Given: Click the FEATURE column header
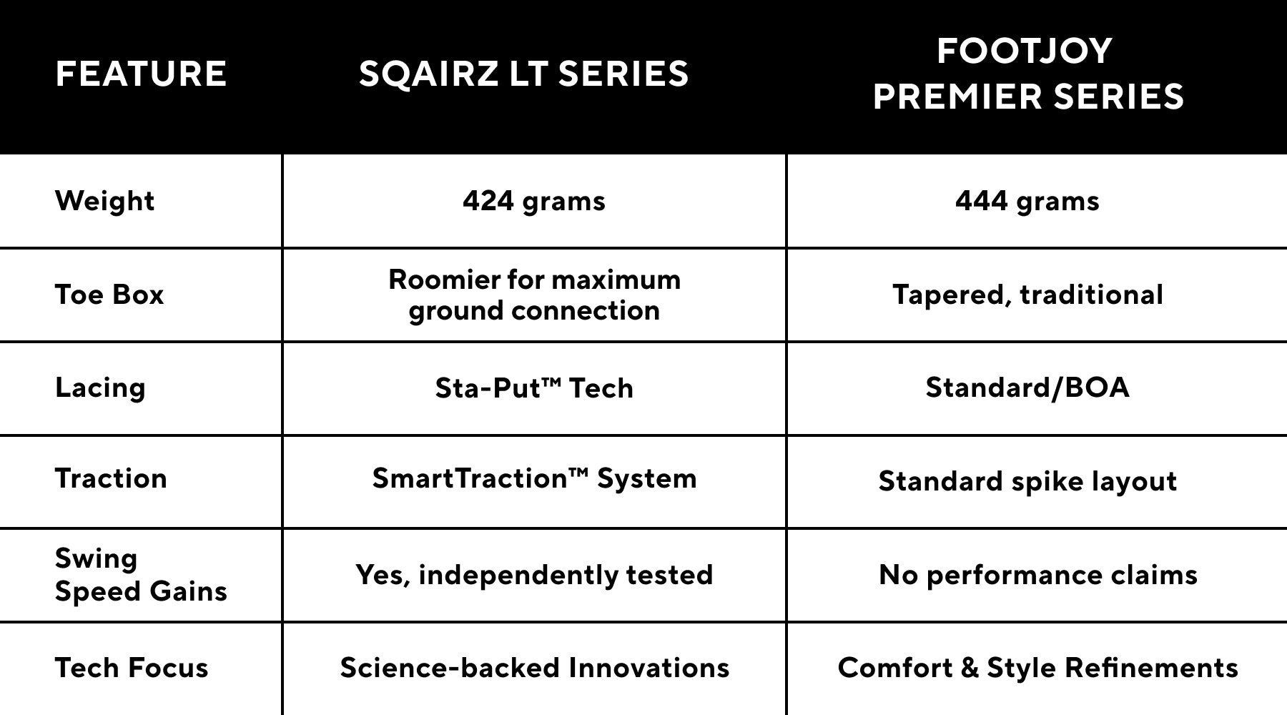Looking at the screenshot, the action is coord(141,74).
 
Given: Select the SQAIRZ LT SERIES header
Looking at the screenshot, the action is coord(523,74).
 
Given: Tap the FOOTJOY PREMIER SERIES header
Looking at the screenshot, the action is coord(1027,74).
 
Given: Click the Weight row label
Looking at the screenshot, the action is coord(104,202).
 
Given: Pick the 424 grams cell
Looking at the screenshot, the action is coord(534,202).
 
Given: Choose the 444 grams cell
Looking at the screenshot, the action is coord(1027,202).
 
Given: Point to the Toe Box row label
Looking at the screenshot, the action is coord(109,295).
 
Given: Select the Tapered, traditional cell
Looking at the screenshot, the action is coord(1027,295).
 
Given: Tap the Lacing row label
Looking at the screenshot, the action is coord(100,388).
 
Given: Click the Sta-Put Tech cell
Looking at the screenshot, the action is coord(534,388).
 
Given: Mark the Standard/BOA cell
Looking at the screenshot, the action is coord(1027,388).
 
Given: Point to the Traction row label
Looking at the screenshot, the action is coord(111,478).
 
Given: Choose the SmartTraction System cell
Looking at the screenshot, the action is coord(534,478).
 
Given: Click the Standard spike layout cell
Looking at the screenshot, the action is coord(1027,481).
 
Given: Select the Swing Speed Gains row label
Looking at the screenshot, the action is coord(141,575).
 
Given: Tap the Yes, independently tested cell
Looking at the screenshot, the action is coord(534,575).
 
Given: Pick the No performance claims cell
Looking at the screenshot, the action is coord(1037,575).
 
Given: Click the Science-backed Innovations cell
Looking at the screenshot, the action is coord(534,668).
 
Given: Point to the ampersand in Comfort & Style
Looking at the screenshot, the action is coord(970,668).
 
